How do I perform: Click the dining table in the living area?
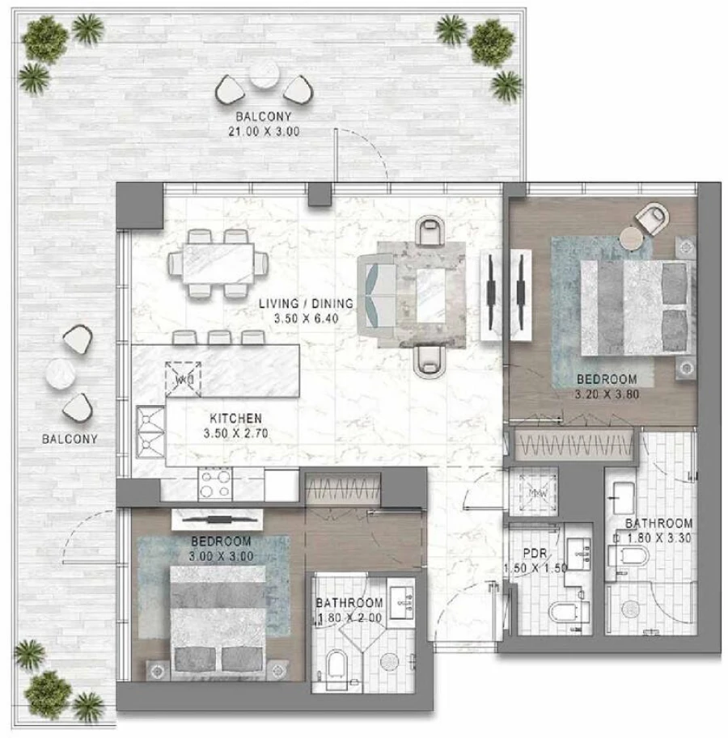pyautogui.click(x=216, y=263)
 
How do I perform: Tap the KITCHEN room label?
pyautogui.click(x=235, y=418)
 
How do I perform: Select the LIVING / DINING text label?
pyautogui.click(x=306, y=304)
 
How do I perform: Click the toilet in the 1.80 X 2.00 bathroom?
pyautogui.click(x=336, y=666)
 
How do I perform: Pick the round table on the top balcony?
pyautogui.click(x=264, y=75)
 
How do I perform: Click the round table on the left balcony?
pyautogui.click(x=61, y=373)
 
